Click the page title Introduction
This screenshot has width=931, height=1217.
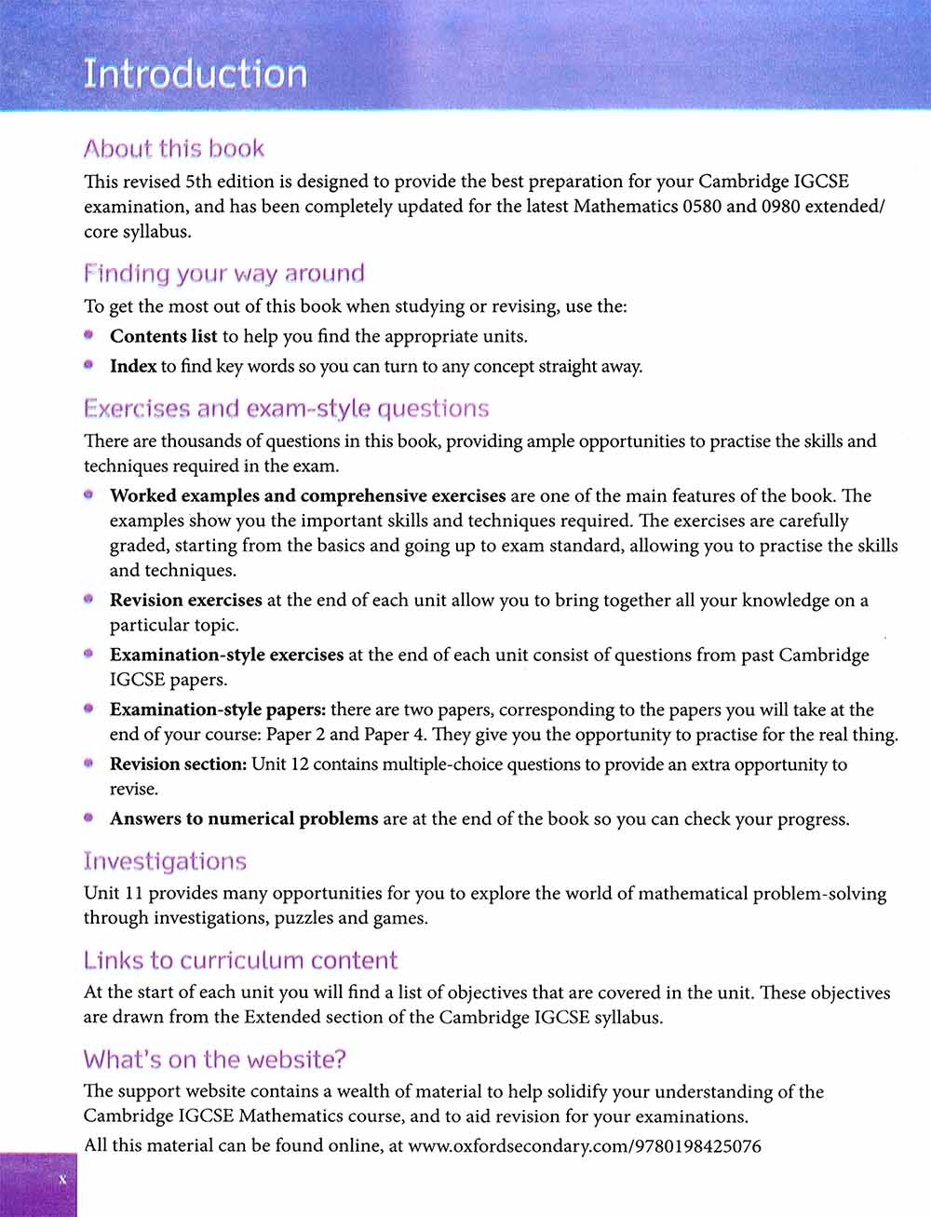(195, 74)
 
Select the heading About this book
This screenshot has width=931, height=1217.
(174, 149)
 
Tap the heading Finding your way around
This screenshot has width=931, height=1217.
(223, 274)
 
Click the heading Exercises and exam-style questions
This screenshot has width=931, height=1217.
(286, 409)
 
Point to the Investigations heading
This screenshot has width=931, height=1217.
(165, 861)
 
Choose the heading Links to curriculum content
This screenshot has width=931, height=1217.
(240, 960)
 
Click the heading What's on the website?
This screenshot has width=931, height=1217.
(214, 1060)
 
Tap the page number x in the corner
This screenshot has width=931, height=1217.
(62, 1180)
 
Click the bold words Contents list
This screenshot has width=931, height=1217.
(163, 336)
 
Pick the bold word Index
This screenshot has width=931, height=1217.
(133, 366)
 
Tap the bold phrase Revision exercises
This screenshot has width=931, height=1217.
(185, 600)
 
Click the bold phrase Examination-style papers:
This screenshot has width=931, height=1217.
(218, 710)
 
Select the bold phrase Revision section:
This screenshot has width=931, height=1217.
(178, 764)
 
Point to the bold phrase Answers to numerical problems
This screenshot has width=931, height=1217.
(244, 819)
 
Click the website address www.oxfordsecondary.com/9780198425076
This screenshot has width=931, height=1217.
(585, 1146)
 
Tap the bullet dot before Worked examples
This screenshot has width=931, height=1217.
(88, 495)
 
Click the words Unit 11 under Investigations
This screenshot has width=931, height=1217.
(113, 893)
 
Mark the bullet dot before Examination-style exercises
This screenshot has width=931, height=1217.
(88, 655)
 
